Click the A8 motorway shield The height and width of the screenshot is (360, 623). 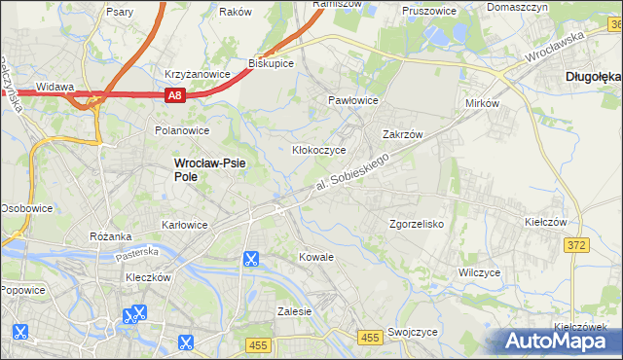pos(174,94)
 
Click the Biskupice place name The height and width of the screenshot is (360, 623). pos(271,62)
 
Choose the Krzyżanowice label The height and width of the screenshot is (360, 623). pos(198,74)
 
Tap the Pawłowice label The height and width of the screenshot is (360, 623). pos(352,100)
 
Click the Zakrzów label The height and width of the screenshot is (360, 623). pos(402,135)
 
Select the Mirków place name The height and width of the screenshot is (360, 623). pos(483,103)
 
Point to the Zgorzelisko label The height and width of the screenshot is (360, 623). pos(417,224)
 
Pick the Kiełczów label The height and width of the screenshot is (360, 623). pos(545,222)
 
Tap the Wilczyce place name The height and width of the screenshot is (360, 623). pos(479,272)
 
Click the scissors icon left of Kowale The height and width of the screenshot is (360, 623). pos(250,259)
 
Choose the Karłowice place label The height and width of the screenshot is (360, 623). pos(184,225)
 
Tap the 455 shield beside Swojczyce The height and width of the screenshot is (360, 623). pos(369,337)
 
